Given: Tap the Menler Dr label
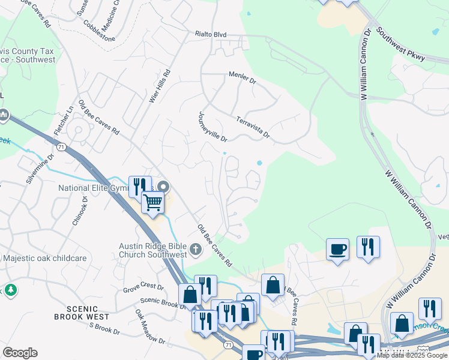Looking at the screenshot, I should (242, 76).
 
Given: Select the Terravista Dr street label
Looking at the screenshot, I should (253, 128).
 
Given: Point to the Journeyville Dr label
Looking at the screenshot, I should (212, 127).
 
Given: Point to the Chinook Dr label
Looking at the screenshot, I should (80, 214).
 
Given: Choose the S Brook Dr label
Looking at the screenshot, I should (104, 329).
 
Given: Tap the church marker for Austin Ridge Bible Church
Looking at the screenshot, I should (195, 249).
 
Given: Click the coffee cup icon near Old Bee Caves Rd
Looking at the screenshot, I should (337, 249).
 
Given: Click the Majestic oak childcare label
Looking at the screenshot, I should (44, 259).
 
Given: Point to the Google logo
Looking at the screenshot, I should (20, 353).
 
